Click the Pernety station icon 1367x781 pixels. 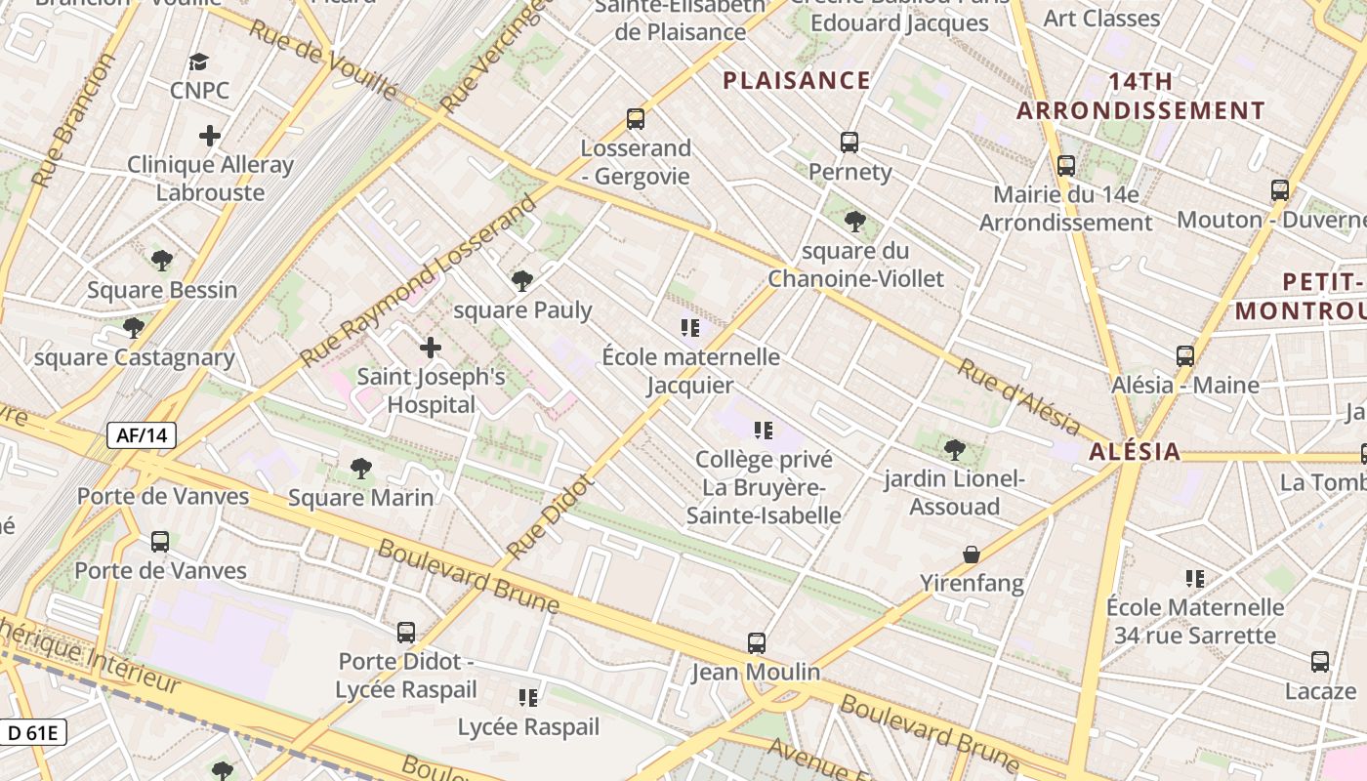coord(849,143)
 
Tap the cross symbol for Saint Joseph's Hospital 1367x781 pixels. coord(430,348)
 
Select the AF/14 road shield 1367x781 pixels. coord(142,435)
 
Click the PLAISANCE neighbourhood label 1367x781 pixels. coord(796,80)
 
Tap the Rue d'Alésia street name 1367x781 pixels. coord(1018,397)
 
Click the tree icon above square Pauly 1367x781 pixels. coord(522,281)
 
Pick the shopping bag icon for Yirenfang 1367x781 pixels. coord(972,555)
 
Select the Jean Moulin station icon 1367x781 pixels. coord(757,643)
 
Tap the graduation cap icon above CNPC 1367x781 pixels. coord(199,62)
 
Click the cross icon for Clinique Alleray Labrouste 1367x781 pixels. coord(210,136)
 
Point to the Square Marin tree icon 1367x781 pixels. coord(361,469)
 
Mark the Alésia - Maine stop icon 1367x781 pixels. coord(1185,356)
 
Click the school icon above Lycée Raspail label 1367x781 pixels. coord(528,698)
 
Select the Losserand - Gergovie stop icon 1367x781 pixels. coord(636,119)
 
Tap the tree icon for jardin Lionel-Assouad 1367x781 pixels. coord(955,450)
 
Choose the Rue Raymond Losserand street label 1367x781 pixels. coord(420,281)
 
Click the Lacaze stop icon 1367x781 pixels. coord(1320,662)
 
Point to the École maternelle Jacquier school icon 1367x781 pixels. coord(691,328)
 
